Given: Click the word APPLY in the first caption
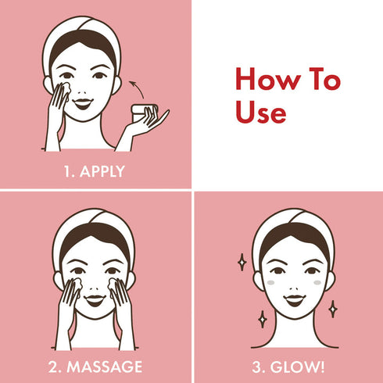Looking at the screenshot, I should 102,172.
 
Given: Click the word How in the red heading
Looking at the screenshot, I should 265,81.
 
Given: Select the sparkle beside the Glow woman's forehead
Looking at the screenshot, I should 242,261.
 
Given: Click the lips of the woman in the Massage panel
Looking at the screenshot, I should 94,299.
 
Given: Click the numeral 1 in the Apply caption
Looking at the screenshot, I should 66,172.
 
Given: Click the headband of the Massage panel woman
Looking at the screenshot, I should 94,222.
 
